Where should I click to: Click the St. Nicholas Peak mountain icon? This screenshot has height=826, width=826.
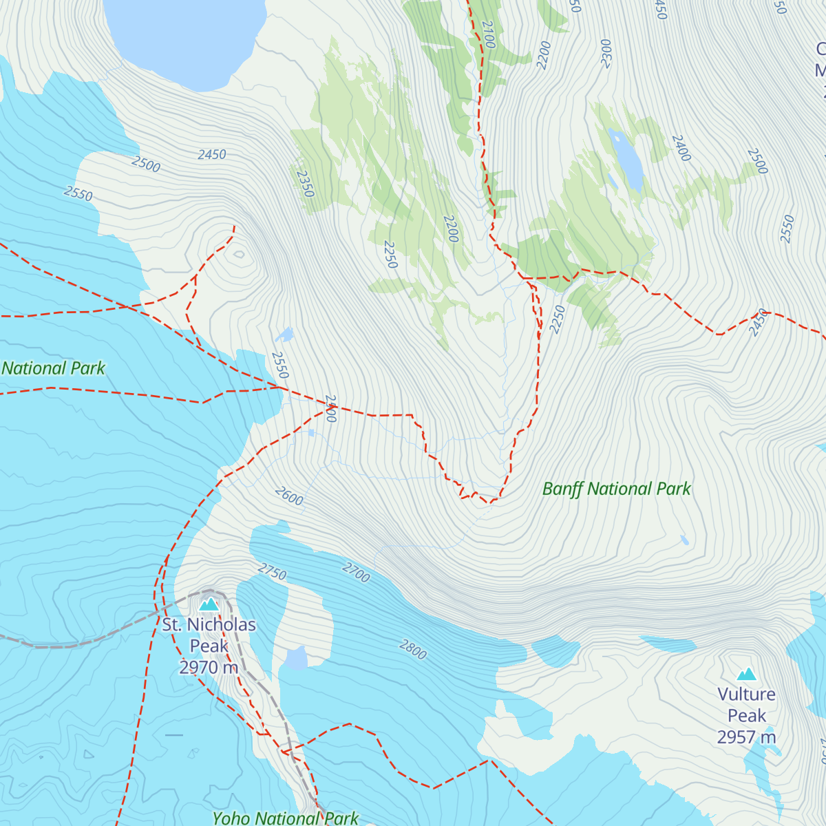point(209,604)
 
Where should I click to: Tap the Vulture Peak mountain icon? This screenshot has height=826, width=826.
point(747,674)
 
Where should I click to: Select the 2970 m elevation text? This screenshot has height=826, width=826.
point(209,667)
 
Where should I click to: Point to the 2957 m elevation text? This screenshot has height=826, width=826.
point(746,737)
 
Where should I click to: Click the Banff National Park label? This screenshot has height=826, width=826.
point(616,489)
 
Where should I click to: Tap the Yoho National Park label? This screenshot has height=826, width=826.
point(286,818)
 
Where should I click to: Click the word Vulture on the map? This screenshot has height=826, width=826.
point(746,694)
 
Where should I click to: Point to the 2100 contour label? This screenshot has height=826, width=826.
point(488,34)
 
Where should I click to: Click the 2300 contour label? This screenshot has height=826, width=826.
point(606,53)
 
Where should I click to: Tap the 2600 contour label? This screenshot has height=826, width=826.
point(289,496)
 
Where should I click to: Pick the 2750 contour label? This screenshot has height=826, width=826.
point(273,571)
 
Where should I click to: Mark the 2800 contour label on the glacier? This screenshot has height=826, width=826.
point(413,649)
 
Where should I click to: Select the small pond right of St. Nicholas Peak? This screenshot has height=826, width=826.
point(297,658)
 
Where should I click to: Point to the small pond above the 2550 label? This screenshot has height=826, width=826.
point(284,335)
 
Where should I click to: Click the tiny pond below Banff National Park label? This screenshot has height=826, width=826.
point(684,540)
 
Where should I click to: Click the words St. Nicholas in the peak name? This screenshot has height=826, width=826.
point(209,625)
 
